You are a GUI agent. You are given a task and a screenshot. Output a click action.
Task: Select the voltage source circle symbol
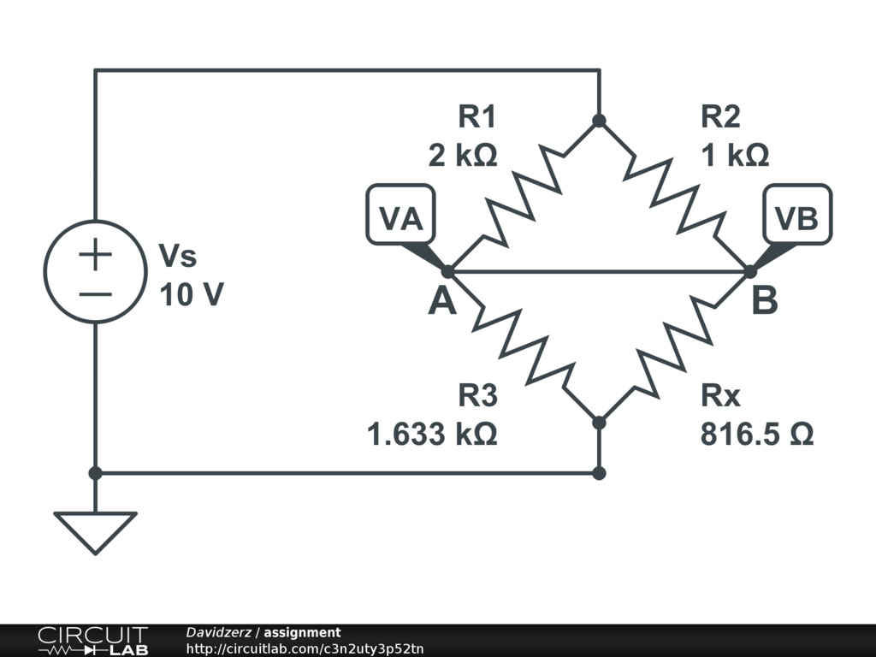click(x=95, y=271)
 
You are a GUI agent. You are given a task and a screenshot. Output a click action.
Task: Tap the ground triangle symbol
click(x=95, y=531)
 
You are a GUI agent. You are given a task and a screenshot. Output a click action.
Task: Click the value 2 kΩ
click(x=462, y=155)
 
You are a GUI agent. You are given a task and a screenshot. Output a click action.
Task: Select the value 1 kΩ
click(x=735, y=155)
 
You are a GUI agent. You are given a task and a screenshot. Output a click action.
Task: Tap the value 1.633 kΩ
click(x=432, y=435)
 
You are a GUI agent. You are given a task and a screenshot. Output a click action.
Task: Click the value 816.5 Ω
click(x=757, y=435)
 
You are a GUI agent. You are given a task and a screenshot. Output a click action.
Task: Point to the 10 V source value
click(x=192, y=295)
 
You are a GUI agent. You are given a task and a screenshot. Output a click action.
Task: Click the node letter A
click(x=442, y=301)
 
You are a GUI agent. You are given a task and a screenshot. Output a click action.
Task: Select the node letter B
click(x=765, y=301)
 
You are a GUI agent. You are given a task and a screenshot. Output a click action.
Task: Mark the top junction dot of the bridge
click(x=599, y=121)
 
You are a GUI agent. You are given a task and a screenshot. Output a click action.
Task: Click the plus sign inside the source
click(x=96, y=254)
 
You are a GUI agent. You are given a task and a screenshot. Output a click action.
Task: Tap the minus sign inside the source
click(x=96, y=293)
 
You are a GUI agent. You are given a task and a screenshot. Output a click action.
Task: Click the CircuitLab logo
click(x=92, y=641)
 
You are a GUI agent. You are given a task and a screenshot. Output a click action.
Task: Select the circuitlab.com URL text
click(x=305, y=648)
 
